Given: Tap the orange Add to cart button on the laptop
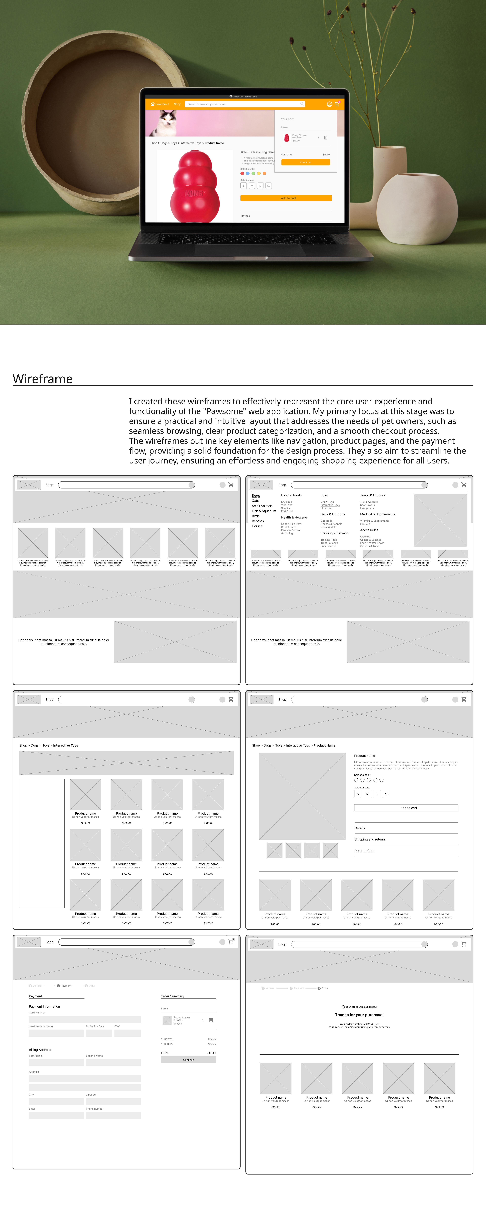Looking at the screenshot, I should tap(286, 198).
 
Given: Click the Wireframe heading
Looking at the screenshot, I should tap(43, 379).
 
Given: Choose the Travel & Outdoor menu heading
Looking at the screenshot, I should tap(372, 495).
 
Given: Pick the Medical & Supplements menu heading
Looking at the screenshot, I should tap(377, 514).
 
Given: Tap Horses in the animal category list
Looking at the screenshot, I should tap(257, 526).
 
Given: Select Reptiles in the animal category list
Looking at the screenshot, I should tap(257, 521).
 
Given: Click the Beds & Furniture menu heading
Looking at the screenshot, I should tap(333, 514).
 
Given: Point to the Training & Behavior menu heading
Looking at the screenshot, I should tap(335, 533).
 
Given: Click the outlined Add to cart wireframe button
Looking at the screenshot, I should tap(406, 807).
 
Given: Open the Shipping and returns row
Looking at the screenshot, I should tap(370, 839).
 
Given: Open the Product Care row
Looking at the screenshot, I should tap(364, 851).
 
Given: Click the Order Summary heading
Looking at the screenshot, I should tap(173, 996).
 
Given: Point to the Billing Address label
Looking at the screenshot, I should tap(40, 1049).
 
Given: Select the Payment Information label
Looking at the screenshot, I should tap(44, 1006).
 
